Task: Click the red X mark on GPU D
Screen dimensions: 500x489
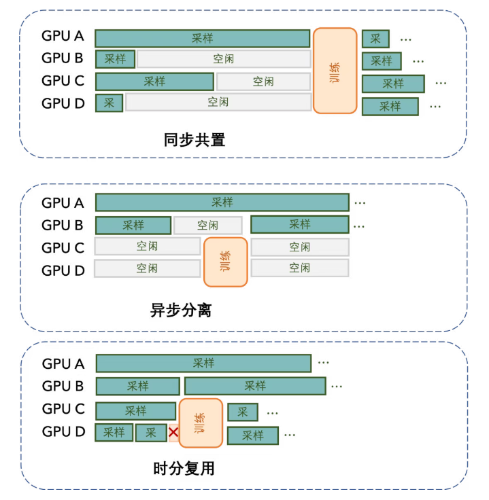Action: pyautogui.click(x=173, y=433)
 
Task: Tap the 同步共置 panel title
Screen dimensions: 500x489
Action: pyautogui.click(x=195, y=141)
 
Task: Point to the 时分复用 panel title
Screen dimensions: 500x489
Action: pyautogui.click(x=184, y=469)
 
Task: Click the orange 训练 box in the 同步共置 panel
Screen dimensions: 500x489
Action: pyautogui.click(x=335, y=71)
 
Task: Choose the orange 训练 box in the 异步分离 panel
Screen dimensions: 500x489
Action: pyautogui.click(x=225, y=262)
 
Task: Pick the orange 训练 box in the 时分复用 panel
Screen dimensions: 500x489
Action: pyautogui.click(x=201, y=423)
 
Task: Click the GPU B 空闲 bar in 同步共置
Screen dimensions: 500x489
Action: pyautogui.click(x=224, y=60)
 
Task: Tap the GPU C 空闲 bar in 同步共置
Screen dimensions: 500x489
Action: pyautogui.click(x=263, y=82)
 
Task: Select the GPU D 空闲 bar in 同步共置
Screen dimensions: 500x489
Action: pyautogui.click(x=218, y=103)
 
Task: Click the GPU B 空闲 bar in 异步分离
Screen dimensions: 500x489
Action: pyautogui.click(x=207, y=225)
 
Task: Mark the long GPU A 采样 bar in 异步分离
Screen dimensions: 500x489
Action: pyautogui.click(x=222, y=202)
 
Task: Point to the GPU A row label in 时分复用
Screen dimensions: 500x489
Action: pyautogui.click(x=63, y=363)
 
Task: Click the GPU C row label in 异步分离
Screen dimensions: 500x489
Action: pyautogui.click(x=63, y=247)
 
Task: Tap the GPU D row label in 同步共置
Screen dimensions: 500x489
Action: pyautogui.click(x=63, y=103)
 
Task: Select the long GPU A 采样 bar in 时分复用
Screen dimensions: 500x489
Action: pyautogui.click(x=203, y=363)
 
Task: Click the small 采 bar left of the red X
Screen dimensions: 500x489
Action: pyautogui.click(x=150, y=433)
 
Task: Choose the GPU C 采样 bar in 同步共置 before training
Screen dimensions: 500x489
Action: pyautogui.click(x=154, y=82)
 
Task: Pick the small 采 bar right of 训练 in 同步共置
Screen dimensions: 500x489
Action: pyautogui.click(x=375, y=39)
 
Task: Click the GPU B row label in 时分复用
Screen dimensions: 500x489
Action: pyautogui.click(x=63, y=386)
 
